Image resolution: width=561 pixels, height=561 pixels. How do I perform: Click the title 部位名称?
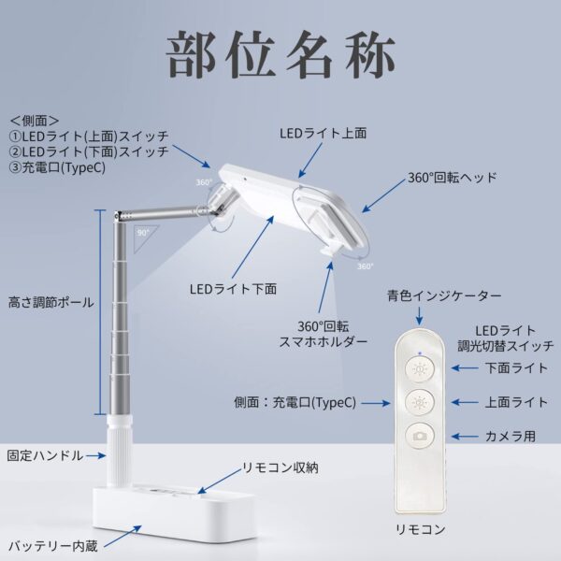(x=280, y=55)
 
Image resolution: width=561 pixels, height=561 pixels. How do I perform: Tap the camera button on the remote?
(x=420, y=436)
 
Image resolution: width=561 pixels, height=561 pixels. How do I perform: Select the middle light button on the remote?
(x=420, y=402)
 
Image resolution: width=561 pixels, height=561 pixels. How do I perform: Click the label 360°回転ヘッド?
(x=453, y=178)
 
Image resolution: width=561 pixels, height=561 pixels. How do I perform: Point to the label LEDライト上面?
(x=324, y=133)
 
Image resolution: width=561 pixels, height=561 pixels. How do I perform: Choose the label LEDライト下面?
(x=233, y=289)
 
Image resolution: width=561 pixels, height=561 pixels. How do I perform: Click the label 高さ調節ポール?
(x=50, y=303)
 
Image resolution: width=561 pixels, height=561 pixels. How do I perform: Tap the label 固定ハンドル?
(x=45, y=455)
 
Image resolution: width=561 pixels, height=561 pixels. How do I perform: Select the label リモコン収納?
(x=280, y=467)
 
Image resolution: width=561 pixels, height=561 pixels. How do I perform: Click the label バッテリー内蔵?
(x=53, y=546)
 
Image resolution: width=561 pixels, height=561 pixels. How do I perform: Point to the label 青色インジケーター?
(x=444, y=295)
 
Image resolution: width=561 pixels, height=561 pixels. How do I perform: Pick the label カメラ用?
(x=511, y=436)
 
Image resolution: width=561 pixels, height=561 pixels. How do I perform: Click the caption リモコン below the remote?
(x=421, y=529)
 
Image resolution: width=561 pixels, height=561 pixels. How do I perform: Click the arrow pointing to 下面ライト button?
(x=465, y=367)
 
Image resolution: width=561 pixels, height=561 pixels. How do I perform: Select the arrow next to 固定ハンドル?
(x=96, y=456)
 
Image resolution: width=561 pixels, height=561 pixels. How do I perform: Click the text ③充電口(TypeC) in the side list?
(x=57, y=167)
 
